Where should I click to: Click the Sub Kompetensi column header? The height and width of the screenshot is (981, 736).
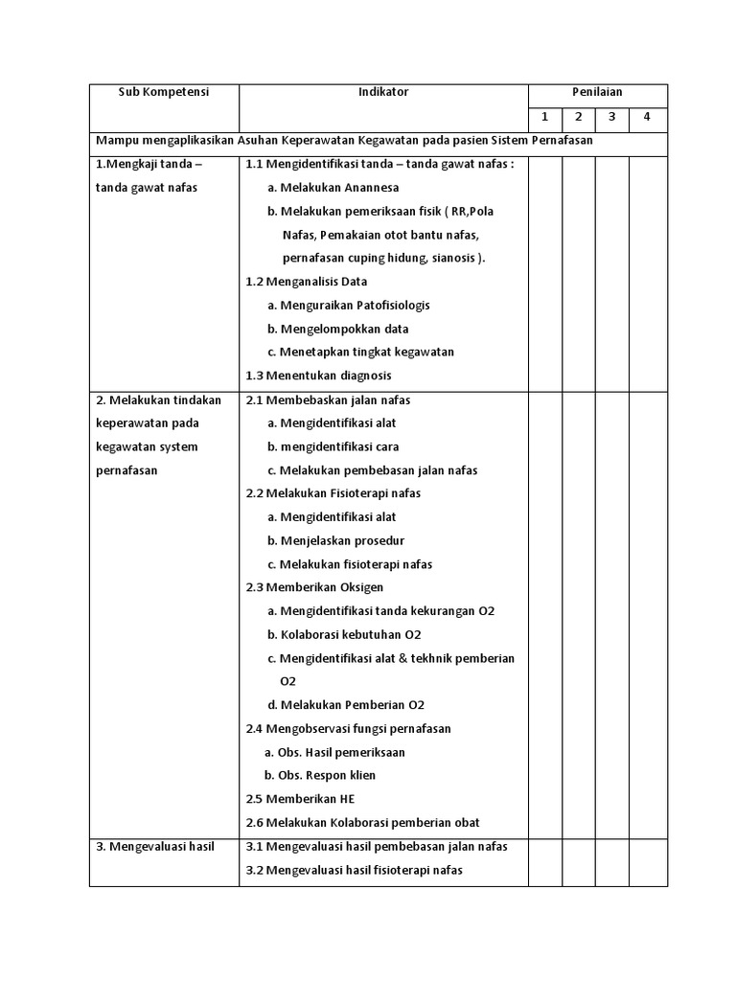click(x=163, y=92)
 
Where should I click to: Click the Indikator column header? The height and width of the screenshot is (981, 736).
click(x=383, y=92)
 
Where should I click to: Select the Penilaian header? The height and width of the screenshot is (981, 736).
click(x=597, y=92)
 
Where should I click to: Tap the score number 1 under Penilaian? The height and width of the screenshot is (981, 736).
click(x=544, y=117)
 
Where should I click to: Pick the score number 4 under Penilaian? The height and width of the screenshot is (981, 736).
click(x=647, y=117)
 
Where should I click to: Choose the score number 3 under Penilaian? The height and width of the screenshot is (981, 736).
click(x=611, y=117)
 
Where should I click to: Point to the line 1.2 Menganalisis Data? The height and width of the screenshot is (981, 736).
click(x=307, y=282)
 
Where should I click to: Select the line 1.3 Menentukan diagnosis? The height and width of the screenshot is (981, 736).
click(x=318, y=376)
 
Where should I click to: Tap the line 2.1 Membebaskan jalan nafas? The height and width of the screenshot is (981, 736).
click(x=328, y=399)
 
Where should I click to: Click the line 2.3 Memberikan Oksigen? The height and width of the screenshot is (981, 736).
click(x=314, y=587)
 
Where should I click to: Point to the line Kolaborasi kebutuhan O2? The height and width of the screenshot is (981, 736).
click(x=345, y=634)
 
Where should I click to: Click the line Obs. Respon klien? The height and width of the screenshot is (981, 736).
click(x=320, y=775)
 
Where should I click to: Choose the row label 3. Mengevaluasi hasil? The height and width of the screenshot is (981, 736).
click(x=155, y=847)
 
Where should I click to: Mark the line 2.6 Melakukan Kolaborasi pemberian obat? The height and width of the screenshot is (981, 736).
click(x=362, y=822)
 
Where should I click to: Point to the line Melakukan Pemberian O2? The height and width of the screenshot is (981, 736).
click(x=346, y=704)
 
